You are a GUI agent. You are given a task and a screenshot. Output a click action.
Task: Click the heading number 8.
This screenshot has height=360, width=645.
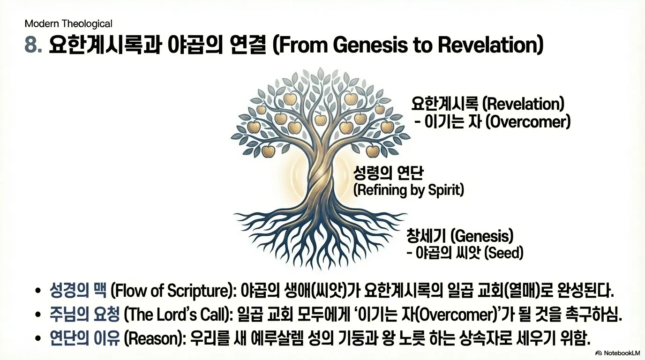(x=33, y=45)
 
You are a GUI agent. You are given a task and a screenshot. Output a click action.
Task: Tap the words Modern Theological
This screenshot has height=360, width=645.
(x=68, y=23)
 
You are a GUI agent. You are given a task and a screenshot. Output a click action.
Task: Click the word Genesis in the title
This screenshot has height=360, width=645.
(x=370, y=45)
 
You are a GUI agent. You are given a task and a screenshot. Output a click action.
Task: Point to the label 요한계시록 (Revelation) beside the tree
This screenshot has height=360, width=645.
(x=488, y=104)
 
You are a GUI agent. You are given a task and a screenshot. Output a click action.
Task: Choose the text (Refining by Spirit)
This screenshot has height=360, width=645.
(x=409, y=190)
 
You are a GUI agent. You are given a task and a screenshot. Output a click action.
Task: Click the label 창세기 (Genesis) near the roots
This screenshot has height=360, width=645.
(x=460, y=236)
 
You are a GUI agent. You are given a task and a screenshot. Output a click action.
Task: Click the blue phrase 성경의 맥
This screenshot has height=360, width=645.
(x=78, y=291)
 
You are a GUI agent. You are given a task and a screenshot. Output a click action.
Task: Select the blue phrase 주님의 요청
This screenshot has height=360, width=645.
(x=84, y=315)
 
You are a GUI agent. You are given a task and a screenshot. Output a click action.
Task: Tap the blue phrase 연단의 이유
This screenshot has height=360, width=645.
(x=84, y=338)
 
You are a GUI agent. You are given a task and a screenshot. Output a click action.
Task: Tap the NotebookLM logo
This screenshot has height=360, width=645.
(x=617, y=353)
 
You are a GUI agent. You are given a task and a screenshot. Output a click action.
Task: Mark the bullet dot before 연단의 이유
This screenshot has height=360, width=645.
(x=37, y=339)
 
